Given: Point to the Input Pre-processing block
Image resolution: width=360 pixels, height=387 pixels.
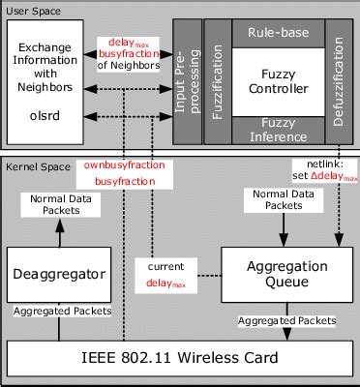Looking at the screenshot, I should coord(186,81).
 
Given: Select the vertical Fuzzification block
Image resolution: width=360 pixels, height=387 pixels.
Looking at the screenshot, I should coord(217,81).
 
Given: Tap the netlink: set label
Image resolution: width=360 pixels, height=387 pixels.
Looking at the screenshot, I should coord(323,169).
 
